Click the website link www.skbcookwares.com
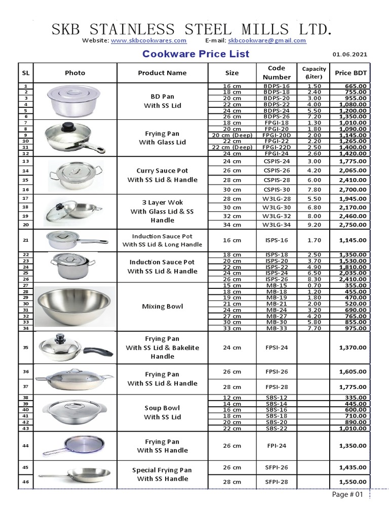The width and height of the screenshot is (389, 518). tap(148, 40)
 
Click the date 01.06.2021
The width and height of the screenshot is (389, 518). tap(350, 55)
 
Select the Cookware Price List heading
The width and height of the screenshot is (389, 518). tap(196, 54)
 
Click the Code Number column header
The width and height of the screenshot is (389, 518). tap(277, 72)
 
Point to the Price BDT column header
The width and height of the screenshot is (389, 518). tap(351, 73)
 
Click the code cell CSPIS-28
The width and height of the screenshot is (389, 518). tap(277, 180)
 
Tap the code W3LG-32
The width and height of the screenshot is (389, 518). tap(277, 215)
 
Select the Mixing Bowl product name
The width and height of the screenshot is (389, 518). tap(162, 307)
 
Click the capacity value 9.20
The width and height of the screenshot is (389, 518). tap(314, 224)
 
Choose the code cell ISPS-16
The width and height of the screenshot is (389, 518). tap(277, 240)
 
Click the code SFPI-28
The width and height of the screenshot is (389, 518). tap(277, 482)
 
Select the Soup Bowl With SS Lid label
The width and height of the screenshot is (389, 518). tap(162, 412)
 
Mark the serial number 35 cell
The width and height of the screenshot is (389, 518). tap(25, 348)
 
